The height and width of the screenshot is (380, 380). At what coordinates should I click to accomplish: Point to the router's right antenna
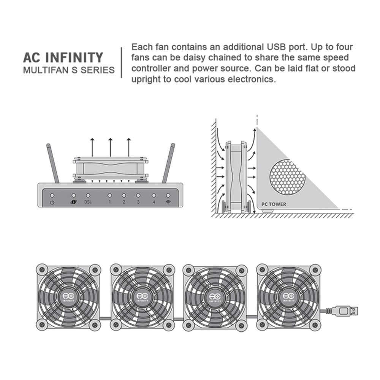pos(168,163)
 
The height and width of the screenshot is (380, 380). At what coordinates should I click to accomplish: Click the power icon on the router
pos(52,202)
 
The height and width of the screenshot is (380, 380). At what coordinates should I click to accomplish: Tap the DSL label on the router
pos(88,202)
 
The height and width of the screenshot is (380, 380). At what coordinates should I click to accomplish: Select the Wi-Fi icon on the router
pos(168,202)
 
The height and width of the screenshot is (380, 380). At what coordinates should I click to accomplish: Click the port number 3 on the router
pos(138,202)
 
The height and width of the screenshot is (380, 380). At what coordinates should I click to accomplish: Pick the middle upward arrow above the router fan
pos(110,147)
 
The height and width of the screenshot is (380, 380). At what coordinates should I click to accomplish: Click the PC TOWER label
pos(274,204)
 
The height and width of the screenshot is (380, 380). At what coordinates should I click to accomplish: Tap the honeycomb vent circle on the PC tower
pos(287,177)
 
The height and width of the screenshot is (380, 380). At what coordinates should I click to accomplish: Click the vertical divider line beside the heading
pos(122,62)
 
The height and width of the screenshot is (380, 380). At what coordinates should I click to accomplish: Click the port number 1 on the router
pos(109,202)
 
